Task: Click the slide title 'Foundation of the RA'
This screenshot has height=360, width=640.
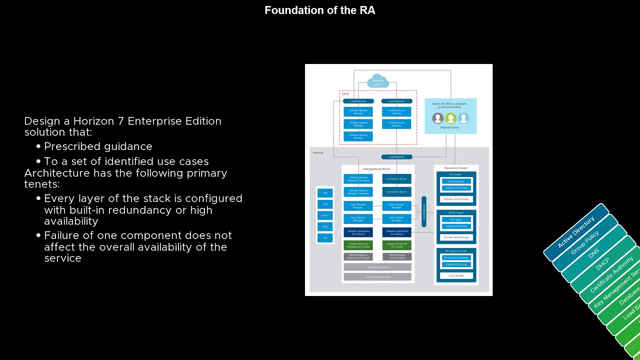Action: pos(319,10)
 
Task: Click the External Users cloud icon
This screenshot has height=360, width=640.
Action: pos(377,82)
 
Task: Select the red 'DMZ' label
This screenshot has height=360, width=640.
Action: pos(345,94)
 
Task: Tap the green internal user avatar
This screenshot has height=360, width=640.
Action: pos(450,118)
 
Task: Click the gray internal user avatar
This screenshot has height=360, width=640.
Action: pos(437,118)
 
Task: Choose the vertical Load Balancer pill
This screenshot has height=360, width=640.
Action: pos(423,211)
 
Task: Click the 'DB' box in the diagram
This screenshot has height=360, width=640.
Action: pos(325,192)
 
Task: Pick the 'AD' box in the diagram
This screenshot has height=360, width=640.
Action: pos(325,237)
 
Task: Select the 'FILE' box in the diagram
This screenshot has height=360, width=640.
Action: pos(325,204)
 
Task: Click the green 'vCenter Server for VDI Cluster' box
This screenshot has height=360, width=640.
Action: pos(396,245)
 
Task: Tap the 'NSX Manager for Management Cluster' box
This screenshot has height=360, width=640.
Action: pos(357,256)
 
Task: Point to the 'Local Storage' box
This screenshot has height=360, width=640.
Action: pos(455,275)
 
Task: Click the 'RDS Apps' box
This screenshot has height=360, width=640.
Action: pos(455,219)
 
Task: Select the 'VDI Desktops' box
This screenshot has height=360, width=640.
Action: pos(455,181)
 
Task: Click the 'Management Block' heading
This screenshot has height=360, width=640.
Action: pos(377,169)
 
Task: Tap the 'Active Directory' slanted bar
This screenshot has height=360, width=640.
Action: pos(576,232)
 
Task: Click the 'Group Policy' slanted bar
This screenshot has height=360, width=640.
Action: pos(585,243)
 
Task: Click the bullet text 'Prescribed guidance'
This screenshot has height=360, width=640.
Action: pos(98,146)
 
